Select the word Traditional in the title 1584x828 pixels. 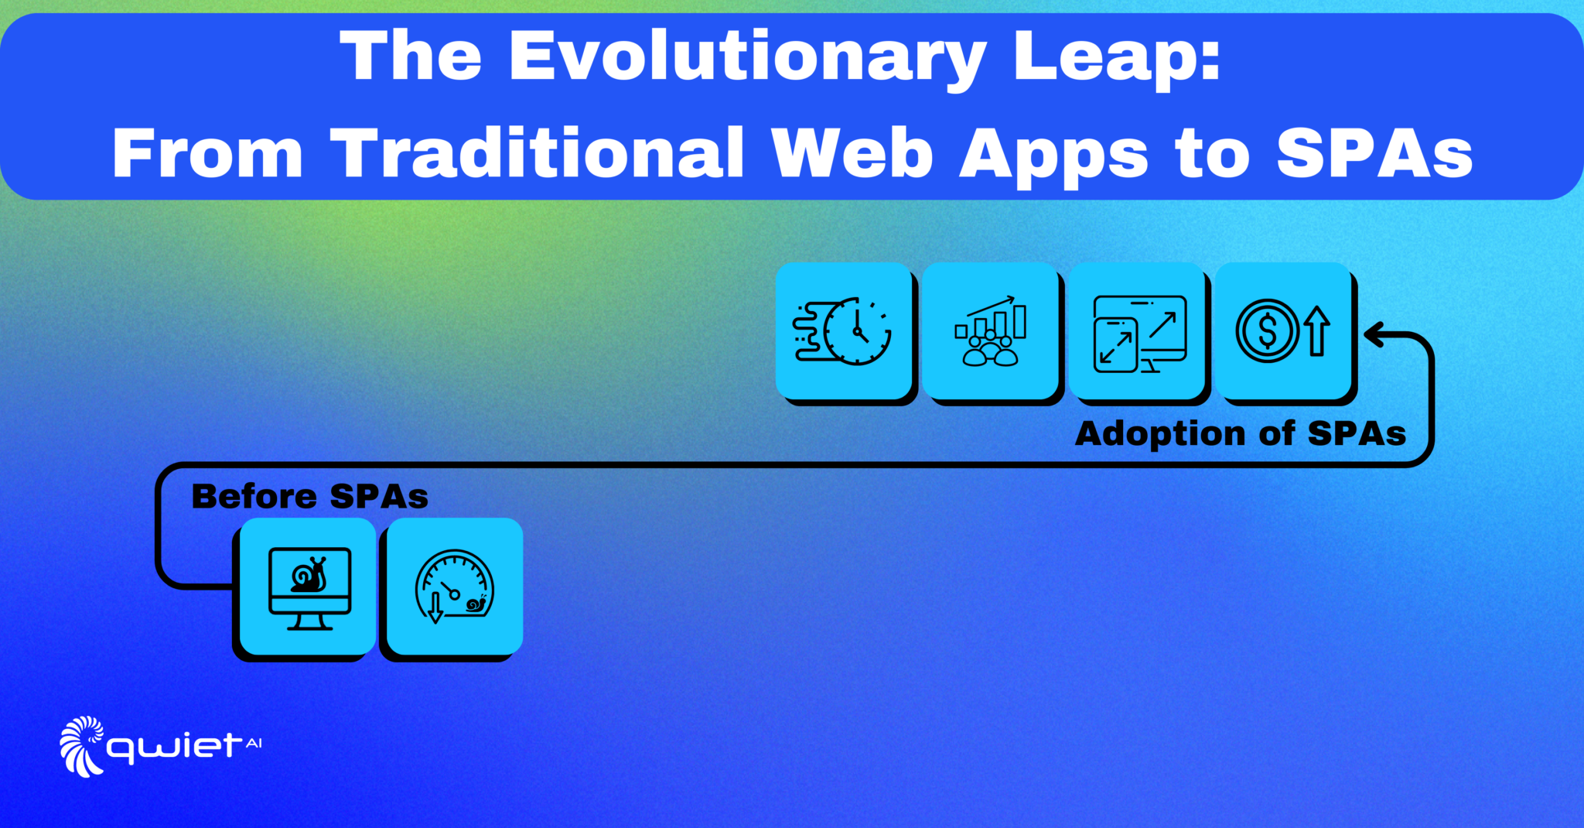click(537, 153)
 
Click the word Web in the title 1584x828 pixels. click(852, 153)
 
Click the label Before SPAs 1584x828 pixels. click(309, 497)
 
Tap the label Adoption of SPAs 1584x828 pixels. click(1241, 434)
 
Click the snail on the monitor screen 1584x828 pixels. click(309, 575)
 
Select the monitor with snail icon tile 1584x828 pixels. click(307, 586)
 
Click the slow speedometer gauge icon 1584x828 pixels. click(455, 587)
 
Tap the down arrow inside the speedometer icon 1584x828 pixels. click(435, 607)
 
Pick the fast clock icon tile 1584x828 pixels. click(843, 330)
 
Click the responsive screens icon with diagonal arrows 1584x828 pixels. click(1139, 334)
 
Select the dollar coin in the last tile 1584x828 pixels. click(1268, 330)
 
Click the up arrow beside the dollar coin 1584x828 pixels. click(1317, 330)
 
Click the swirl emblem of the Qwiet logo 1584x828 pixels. click(82, 746)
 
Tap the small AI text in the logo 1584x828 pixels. click(254, 744)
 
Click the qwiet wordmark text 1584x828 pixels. click(174, 748)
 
